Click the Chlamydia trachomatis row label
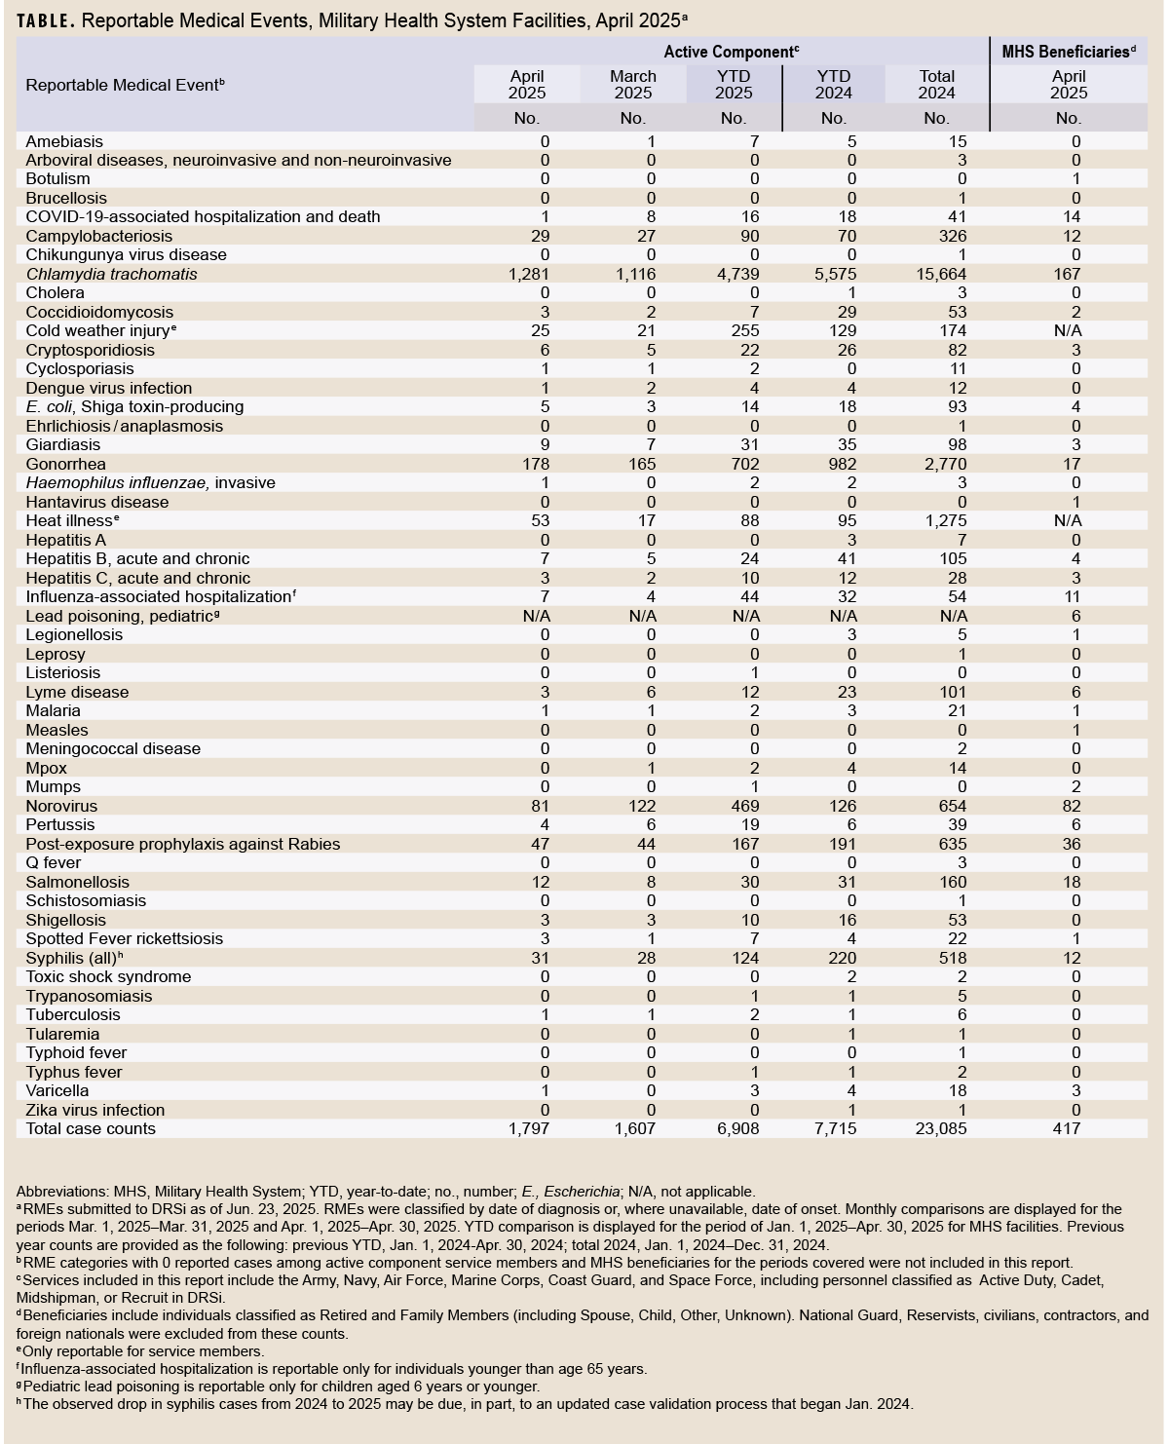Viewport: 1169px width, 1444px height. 111,274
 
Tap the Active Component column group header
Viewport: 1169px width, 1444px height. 731,52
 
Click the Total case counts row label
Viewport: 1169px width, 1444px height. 91,1128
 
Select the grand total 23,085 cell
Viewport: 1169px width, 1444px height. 935,1128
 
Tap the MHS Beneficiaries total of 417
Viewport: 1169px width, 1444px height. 1067,1128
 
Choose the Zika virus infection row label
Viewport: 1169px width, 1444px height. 95,1110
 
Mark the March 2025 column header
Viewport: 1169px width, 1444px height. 633,84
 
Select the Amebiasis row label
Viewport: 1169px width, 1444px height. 64,141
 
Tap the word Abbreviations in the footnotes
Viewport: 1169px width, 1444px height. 59,1191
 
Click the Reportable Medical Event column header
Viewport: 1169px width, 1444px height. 125,85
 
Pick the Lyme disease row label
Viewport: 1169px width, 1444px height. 77,692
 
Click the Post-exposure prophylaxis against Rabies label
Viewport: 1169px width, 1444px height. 183,844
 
